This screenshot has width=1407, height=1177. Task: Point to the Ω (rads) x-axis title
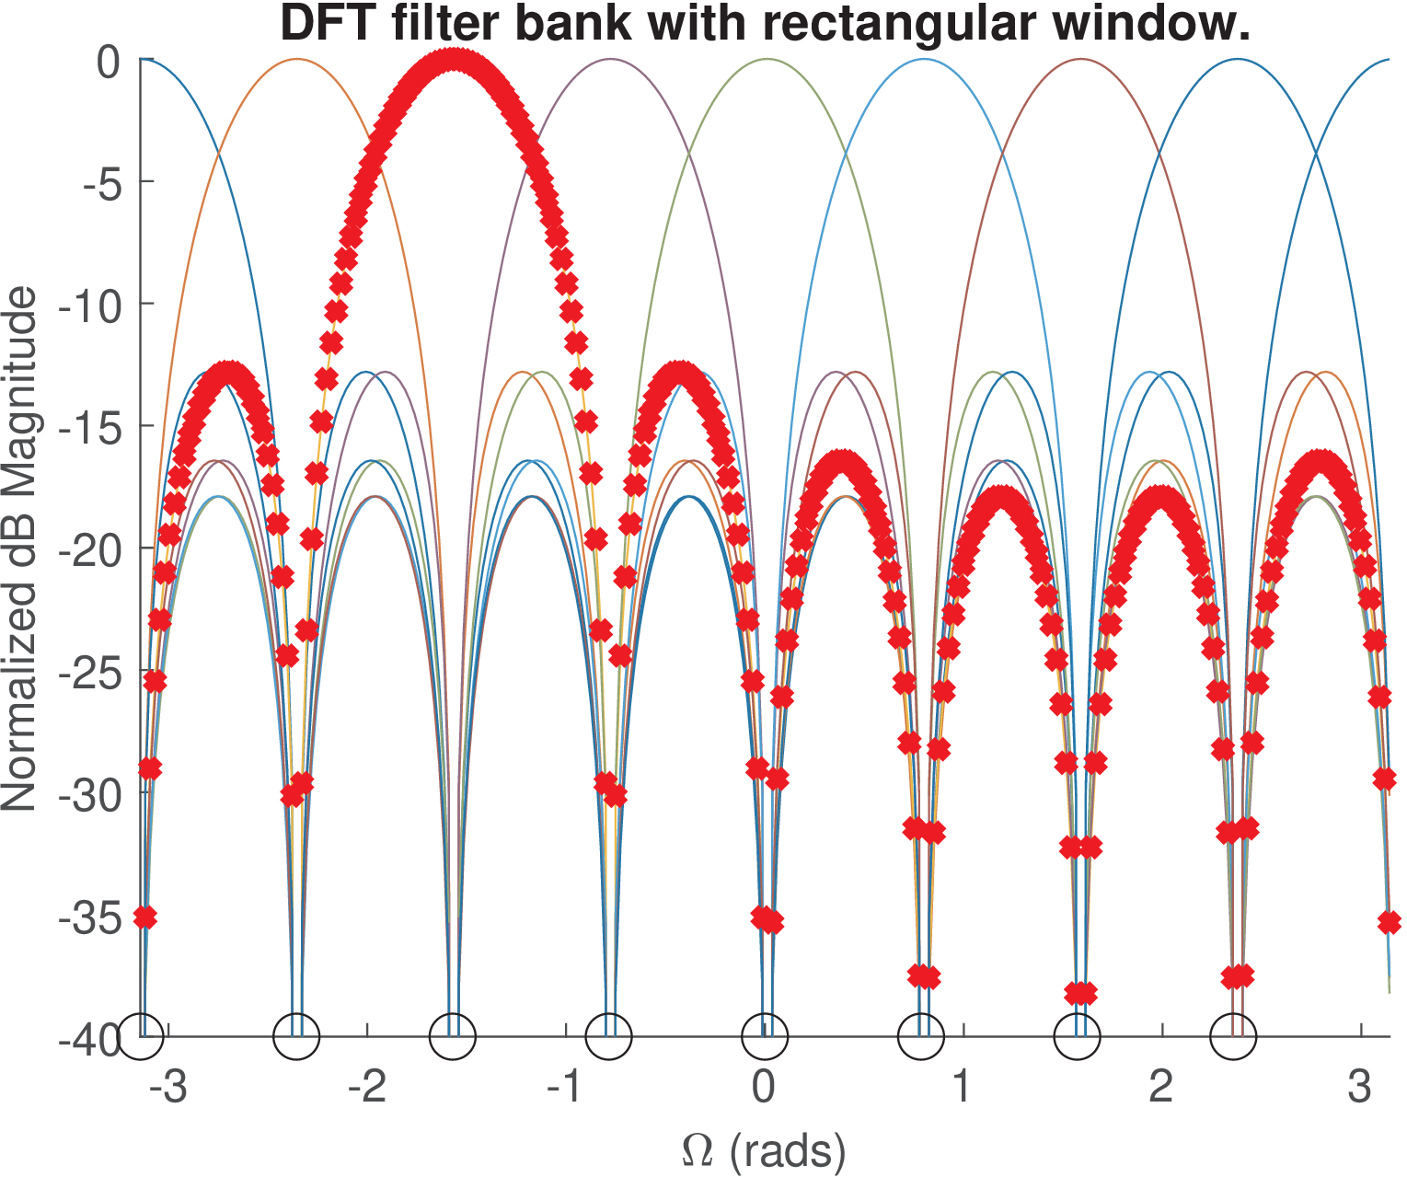tap(764, 1150)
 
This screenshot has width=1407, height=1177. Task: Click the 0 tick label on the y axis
tap(109, 62)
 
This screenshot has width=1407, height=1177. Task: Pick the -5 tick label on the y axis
tap(101, 182)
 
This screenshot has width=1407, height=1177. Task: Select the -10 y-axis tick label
tap(89, 305)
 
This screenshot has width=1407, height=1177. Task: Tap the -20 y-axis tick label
tap(89, 550)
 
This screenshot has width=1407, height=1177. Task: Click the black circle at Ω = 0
tap(764, 1036)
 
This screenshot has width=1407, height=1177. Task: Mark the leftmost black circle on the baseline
tap(142, 1036)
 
